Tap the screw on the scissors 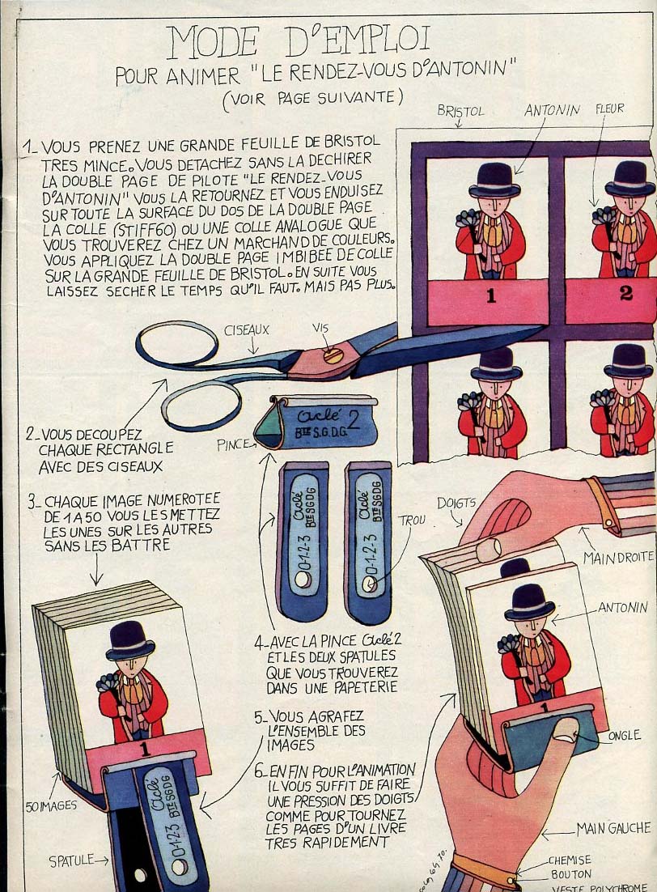333,355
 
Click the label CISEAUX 246,330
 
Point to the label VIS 320,329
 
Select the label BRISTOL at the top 460,110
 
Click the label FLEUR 610,108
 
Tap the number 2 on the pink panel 625,293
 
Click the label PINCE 234,445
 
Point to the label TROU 411,520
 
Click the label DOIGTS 456,503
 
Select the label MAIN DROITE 618,557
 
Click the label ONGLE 624,735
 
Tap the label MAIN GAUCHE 613,828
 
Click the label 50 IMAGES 51,805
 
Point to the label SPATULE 72,860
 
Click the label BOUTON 570,874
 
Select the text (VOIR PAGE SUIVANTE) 313,99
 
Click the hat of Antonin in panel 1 494,180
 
